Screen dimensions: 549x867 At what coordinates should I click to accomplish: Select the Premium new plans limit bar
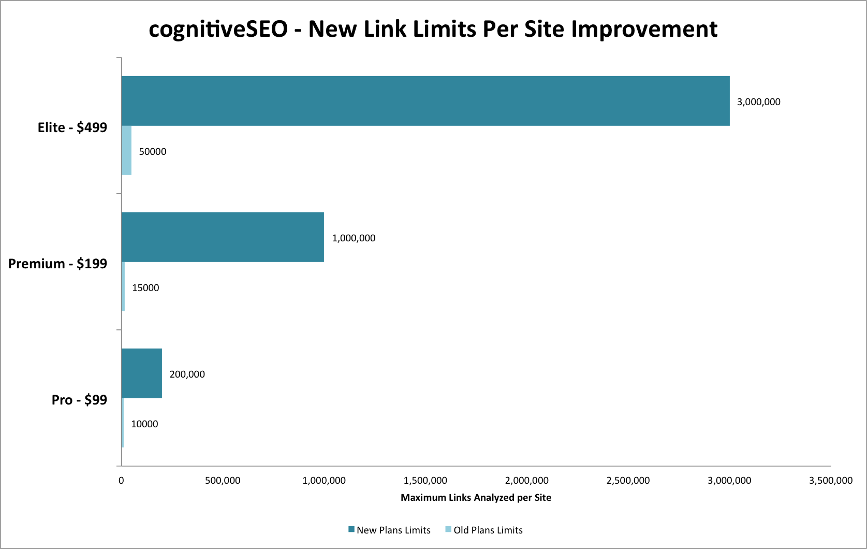pyautogui.click(x=223, y=237)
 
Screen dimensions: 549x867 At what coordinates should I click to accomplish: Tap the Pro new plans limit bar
pyautogui.click(x=142, y=373)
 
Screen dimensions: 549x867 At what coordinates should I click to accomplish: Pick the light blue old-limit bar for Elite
pyautogui.click(x=127, y=150)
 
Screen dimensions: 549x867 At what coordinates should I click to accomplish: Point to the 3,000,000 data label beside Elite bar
pyautogui.click(x=758, y=102)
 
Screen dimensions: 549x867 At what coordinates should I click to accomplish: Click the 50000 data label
pyautogui.click(x=153, y=152)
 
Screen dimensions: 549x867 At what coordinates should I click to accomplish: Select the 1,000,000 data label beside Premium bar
pyautogui.click(x=354, y=238)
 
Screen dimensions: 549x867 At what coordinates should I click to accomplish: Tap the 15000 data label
pyautogui.click(x=145, y=288)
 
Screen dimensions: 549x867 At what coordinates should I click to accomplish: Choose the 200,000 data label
pyautogui.click(x=187, y=374)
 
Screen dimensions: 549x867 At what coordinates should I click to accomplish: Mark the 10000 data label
pyautogui.click(x=144, y=424)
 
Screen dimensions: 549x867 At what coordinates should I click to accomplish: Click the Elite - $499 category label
pyautogui.click(x=72, y=127)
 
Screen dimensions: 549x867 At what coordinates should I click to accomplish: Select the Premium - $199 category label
pyautogui.click(x=57, y=264)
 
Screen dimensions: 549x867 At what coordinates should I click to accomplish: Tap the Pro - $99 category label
pyautogui.click(x=79, y=400)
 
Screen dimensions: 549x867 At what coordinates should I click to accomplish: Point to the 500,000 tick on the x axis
pyautogui.click(x=223, y=481)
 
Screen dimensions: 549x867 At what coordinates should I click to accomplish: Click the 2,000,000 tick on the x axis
pyautogui.click(x=527, y=481)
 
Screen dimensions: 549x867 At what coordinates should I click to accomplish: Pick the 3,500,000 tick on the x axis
pyautogui.click(x=830, y=481)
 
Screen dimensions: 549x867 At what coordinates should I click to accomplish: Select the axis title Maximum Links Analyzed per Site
pyautogui.click(x=476, y=498)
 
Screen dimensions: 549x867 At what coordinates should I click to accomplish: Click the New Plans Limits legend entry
pyautogui.click(x=389, y=530)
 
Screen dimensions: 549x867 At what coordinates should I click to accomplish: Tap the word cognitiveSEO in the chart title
pyautogui.click(x=218, y=30)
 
